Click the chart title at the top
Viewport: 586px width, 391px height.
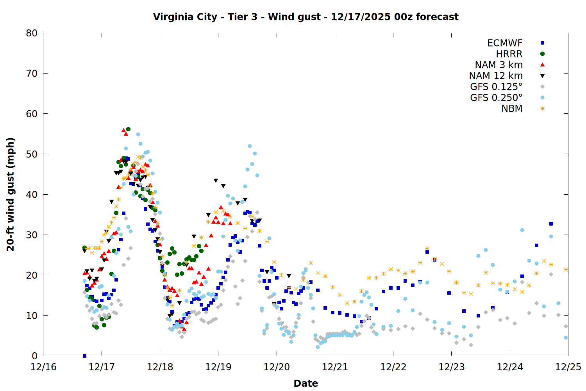click(306, 17)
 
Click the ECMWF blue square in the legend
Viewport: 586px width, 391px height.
click(542, 43)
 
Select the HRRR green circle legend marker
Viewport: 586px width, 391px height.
click(542, 54)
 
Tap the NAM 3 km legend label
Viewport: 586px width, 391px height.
click(498, 65)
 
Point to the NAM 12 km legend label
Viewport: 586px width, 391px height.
click(496, 76)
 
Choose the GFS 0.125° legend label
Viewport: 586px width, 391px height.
click(496, 87)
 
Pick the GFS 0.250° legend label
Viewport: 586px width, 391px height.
click(496, 98)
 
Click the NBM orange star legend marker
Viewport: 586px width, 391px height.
click(542, 109)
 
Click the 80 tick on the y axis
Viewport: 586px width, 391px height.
click(32, 33)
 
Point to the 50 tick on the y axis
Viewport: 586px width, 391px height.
click(32, 154)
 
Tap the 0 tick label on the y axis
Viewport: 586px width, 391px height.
click(35, 356)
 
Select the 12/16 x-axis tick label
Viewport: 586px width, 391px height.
click(43, 367)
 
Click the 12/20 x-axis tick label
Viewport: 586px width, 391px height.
click(277, 367)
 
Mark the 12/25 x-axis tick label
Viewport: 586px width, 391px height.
click(568, 367)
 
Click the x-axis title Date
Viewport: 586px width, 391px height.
click(306, 383)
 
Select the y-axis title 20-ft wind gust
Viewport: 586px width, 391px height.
click(11, 194)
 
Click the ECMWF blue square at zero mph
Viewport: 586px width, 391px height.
click(84, 356)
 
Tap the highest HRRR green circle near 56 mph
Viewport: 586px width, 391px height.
click(128, 129)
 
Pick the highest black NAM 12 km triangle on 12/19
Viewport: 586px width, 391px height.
click(216, 181)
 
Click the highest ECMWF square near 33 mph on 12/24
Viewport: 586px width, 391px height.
click(551, 224)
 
